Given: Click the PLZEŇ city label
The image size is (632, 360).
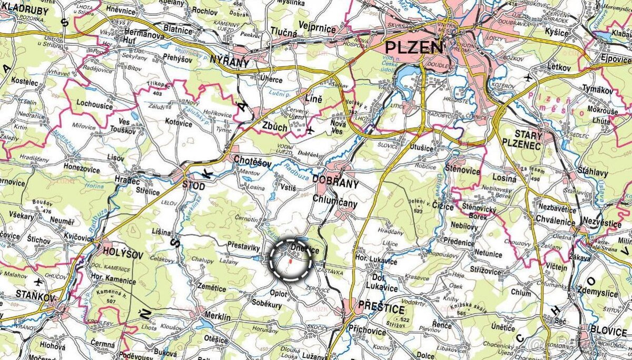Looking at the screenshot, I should [x=414, y=48].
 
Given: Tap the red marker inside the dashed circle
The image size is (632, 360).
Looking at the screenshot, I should [x=290, y=259].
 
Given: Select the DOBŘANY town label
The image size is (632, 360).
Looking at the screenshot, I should [x=335, y=184].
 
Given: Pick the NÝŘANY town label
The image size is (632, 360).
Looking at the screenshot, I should [x=229, y=63].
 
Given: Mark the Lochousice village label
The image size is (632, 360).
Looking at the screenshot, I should [x=95, y=105].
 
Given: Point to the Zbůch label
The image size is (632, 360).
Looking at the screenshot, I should [x=275, y=127].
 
